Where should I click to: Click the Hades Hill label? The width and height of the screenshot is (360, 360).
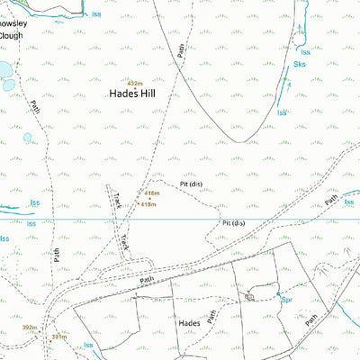[x=135, y=93]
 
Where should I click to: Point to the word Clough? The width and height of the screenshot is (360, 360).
[x=11, y=35]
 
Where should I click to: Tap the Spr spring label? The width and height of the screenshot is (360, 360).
[x=285, y=300]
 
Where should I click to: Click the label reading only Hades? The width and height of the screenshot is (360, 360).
[x=189, y=321]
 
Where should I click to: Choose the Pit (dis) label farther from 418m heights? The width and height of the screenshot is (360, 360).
[x=233, y=222]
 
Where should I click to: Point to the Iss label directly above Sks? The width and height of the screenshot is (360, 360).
[x=304, y=28]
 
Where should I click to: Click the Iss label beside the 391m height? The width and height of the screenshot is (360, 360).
[x=88, y=345]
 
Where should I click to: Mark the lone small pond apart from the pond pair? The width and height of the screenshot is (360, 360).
[x=28, y=138]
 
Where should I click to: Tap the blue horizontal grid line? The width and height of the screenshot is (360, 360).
[x=180, y=218]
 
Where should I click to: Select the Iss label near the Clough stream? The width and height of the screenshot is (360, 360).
[x=96, y=13]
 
